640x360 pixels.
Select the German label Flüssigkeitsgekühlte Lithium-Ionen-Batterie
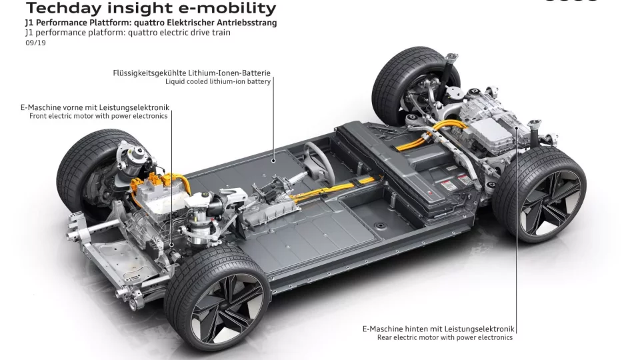[x=192, y=73]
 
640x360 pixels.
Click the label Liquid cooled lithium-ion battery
[x=218, y=82]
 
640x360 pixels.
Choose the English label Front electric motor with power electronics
[x=99, y=116]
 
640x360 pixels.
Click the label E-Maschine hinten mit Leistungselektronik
[x=439, y=329]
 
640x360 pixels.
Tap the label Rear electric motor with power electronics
[x=445, y=338]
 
